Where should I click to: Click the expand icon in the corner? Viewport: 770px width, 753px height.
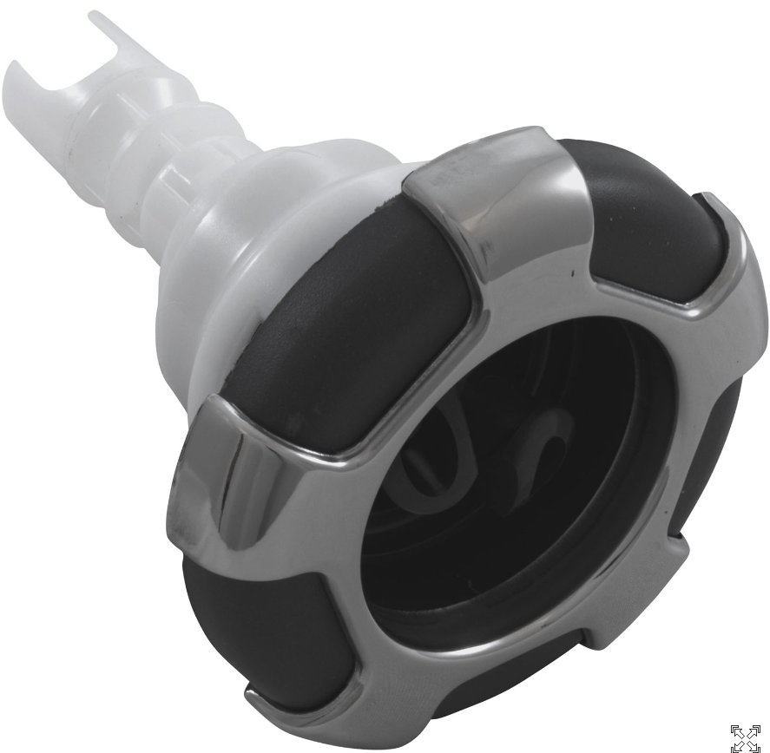(745, 737)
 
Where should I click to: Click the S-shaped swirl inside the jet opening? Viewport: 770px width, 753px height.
(538, 451)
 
